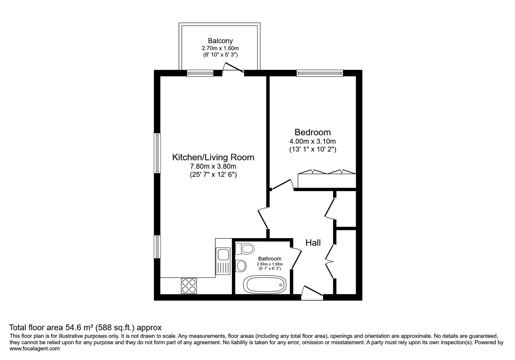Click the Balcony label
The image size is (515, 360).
220,41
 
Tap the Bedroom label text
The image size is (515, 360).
312,132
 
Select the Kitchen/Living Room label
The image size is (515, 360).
213,157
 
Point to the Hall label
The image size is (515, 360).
313,243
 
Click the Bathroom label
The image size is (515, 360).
270,259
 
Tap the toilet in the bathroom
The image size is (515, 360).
245,248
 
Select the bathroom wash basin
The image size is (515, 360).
241,266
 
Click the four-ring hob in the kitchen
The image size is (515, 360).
189,286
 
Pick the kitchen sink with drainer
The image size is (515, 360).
223,261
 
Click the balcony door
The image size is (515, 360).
233,68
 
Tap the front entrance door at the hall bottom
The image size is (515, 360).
312,292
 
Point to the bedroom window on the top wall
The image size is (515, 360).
320,73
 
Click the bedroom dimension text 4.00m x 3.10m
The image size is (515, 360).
312,141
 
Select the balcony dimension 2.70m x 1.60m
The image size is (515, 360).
220,49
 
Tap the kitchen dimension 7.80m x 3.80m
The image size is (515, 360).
213,166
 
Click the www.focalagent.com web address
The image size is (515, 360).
35,349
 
